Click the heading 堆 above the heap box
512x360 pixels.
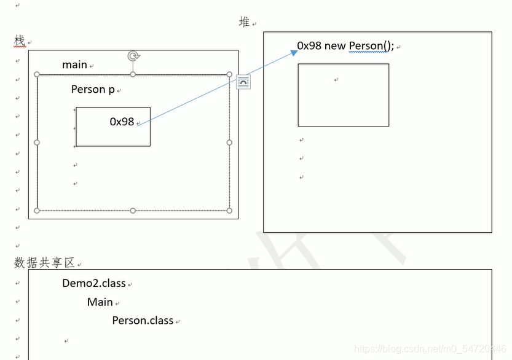[x=245, y=22]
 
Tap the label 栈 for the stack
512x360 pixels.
[x=20, y=41]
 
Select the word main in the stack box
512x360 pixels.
[x=74, y=65]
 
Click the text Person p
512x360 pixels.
[x=93, y=89]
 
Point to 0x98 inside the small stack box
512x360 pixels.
[x=122, y=122]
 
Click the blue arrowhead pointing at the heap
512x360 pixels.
[x=293, y=53]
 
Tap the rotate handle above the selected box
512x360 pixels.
[x=133, y=57]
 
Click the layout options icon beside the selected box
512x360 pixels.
[x=243, y=82]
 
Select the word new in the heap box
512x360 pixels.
[x=336, y=45]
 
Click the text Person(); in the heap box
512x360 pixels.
[x=371, y=45]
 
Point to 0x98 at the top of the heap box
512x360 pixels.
[x=309, y=45]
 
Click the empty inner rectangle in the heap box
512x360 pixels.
[x=343, y=95]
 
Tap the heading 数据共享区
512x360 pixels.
[x=44, y=263]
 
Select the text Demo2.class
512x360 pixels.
[x=93, y=283]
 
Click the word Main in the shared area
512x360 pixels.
[x=100, y=302]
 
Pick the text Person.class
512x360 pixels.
[x=143, y=320]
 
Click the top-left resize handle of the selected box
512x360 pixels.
[x=37, y=74]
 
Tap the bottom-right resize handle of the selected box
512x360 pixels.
[x=229, y=211]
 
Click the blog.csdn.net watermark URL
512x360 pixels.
[x=430, y=349]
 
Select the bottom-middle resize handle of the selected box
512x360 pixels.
[x=133, y=211]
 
